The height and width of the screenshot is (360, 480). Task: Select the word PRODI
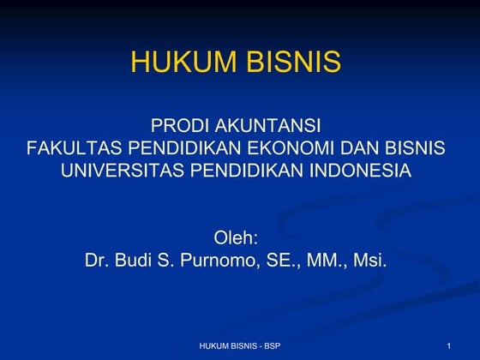(x=177, y=128)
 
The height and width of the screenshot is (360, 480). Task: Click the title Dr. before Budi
(x=98, y=259)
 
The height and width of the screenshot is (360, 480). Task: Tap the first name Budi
(x=137, y=259)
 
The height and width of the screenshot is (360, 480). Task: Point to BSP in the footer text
(x=272, y=345)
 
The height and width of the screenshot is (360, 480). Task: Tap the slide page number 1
(x=448, y=345)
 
